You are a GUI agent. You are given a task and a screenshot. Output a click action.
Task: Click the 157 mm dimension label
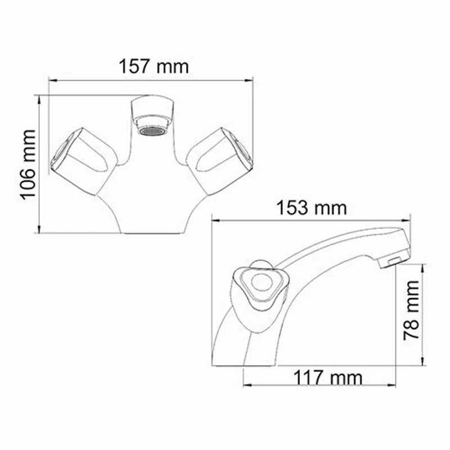point(153,66)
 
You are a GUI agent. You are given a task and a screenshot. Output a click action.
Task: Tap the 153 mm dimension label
point(310,208)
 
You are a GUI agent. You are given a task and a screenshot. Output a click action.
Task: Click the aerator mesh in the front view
point(152,130)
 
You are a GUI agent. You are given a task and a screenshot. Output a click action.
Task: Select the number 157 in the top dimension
point(135,66)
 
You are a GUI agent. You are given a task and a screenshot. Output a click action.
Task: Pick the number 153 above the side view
point(292,208)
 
